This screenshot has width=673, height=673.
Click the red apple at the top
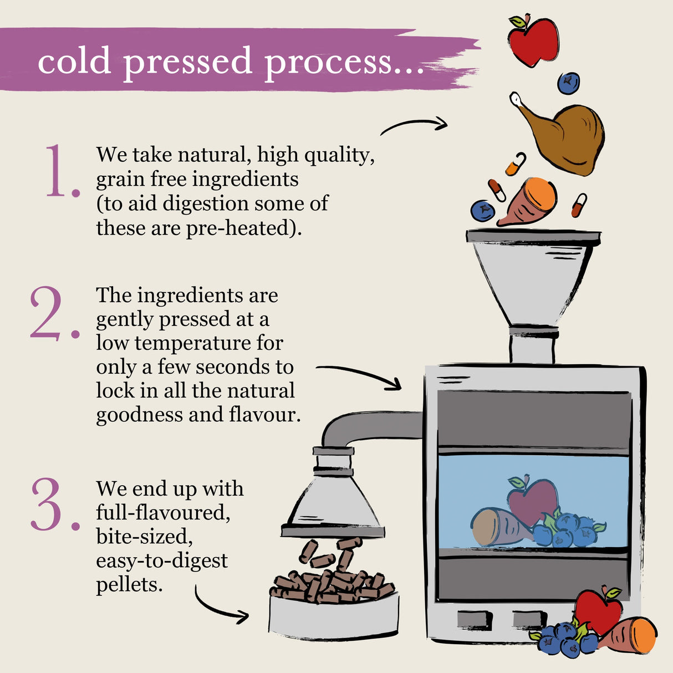point(533,40)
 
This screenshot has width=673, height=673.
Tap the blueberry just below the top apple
point(568,83)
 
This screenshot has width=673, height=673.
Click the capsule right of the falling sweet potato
point(579,206)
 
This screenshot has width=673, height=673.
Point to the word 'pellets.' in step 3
point(129,585)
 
